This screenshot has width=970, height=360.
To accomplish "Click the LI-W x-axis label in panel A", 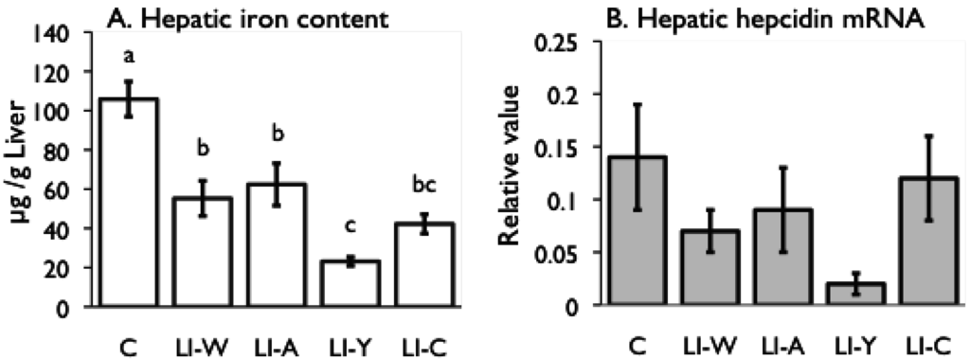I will (x=202, y=335).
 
